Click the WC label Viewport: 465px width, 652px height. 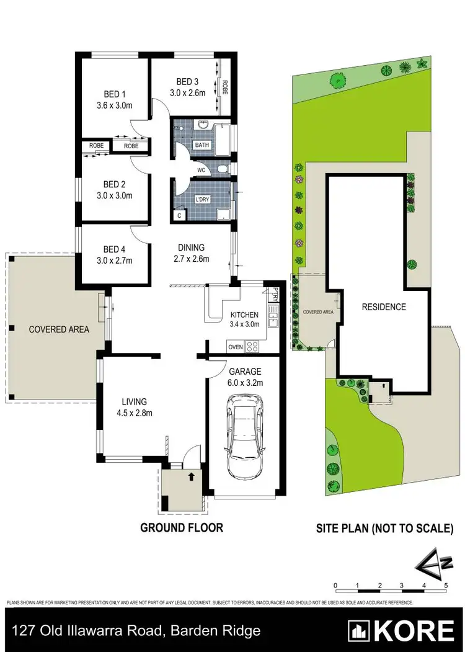click(x=201, y=169)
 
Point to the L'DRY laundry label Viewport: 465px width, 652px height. click(x=203, y=199)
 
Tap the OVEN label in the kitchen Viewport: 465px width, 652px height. click(x=236, y=347)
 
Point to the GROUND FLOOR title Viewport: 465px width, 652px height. click(x=181, y=528)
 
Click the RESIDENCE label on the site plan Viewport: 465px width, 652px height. click(x=384, y=306)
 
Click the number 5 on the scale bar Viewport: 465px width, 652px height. click(x=445, y=585)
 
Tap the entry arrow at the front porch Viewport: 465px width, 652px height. click(x=191, y=477)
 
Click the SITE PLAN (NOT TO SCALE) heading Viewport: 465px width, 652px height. click(x=384, y=529)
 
